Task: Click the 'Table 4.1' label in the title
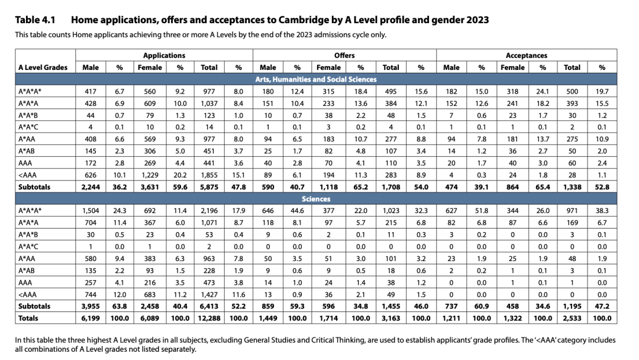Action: [35, 20]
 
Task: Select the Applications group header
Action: [164, 56]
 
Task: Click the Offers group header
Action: [344, 56]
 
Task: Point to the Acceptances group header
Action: [527, 56]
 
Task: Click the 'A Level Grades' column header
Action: [43, 67]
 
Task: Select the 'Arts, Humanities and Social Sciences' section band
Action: [316, 79]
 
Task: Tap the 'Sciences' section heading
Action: [316, 199]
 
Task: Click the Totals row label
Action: [28, 319]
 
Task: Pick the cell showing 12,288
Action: [209, 319]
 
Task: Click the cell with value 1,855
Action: [209, 175]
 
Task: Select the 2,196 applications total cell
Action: [209, 211]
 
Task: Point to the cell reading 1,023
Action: [391, 211]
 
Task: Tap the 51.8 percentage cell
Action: [482, 211]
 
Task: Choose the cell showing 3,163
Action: [391, 319]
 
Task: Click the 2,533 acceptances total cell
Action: [572, 319]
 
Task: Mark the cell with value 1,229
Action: [150, 175]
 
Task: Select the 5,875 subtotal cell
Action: [209, 187]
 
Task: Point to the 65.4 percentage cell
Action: [543, 187]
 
